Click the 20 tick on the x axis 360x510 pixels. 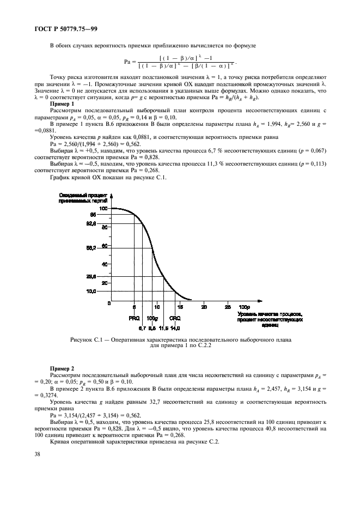click(204, 307)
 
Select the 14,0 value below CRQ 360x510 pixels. click(175, 328)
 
